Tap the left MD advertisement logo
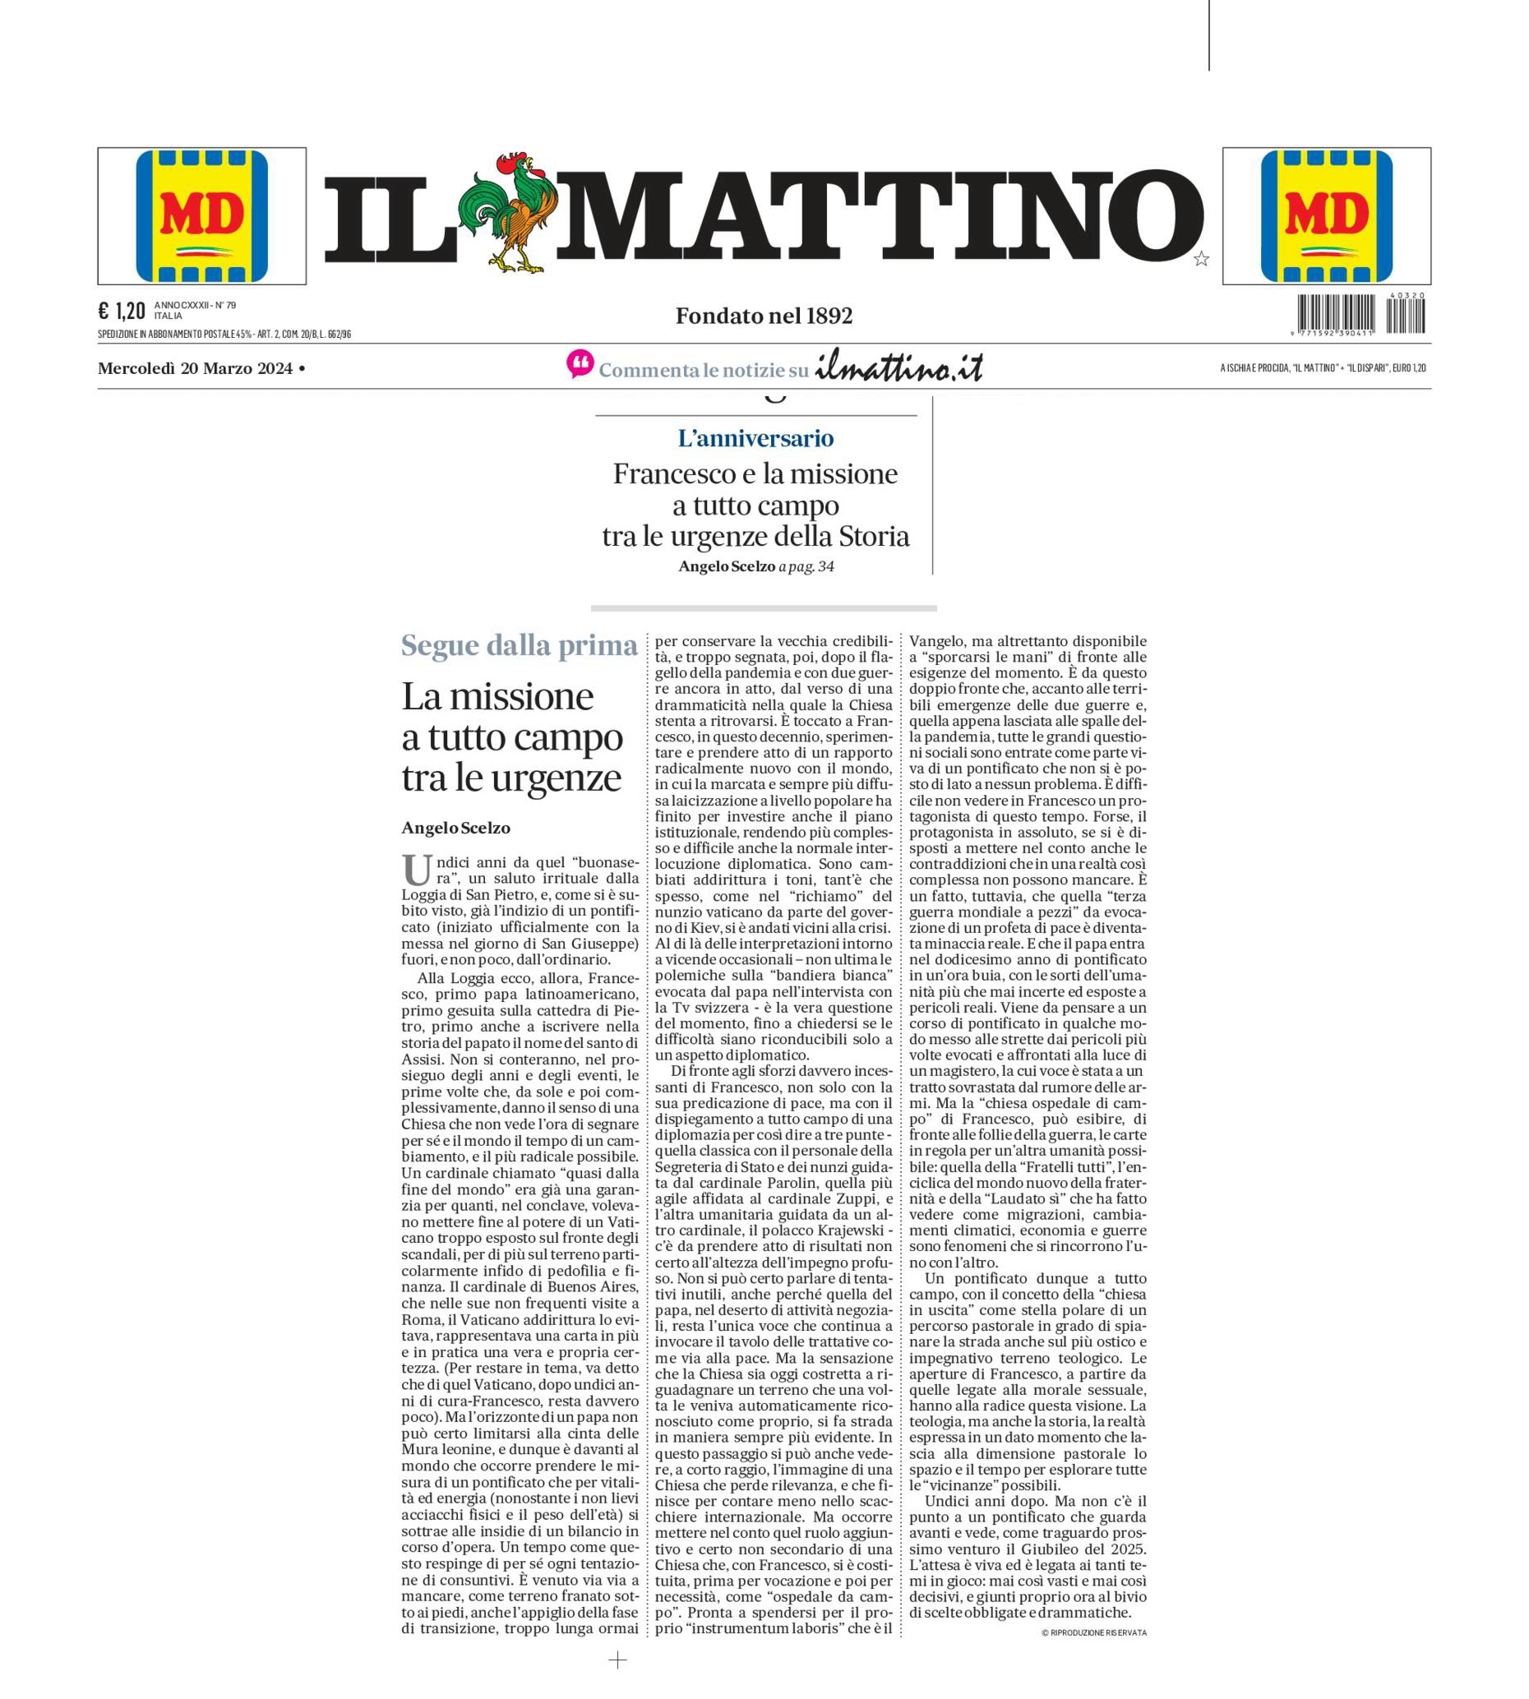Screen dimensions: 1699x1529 click(x=201, y=216)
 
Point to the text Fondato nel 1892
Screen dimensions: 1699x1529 click(x=764, y=316)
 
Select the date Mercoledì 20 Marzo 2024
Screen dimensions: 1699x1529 click(x=195, y=368)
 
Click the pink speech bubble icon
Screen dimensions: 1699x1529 click(x=580, y=363)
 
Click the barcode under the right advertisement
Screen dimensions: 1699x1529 click(x=1360, y=316)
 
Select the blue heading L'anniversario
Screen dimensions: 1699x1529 click(x=755, y=437)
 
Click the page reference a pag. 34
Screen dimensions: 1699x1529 click(x=806, y=567)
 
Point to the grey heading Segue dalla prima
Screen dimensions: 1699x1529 click(x=520, y=646)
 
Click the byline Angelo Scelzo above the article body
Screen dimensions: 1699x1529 click(x=455, y=828)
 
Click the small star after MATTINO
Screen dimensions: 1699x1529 click(x=1201, y=260)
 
